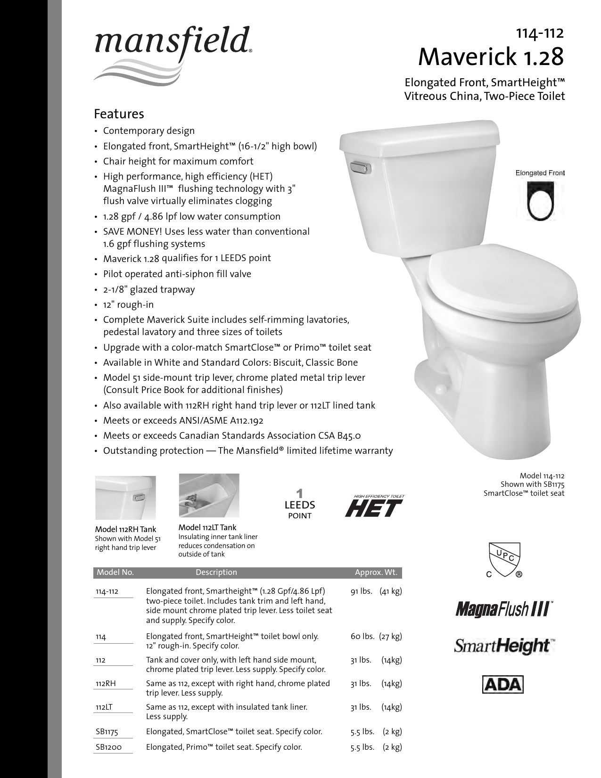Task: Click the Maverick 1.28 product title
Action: click(x=491, y=57)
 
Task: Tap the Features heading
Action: click(x=119, y=114)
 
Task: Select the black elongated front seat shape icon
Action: click(x=540, y=201)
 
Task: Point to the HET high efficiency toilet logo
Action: click(x=374, y=506)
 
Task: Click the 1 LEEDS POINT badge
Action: click(x=299, y=505)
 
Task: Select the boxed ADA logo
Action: click(x=503, y=685)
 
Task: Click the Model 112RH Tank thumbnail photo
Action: click(x=125, y=498)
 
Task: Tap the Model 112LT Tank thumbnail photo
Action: click(x=209, y=495)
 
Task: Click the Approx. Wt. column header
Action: click(x=376, y=573)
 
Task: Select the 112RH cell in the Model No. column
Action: click(x=106, y=684)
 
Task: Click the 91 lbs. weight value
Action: click(x=362, y=591)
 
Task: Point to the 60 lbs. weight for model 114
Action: click(x=362, y=637)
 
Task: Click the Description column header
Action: click(x=216, y=573)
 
